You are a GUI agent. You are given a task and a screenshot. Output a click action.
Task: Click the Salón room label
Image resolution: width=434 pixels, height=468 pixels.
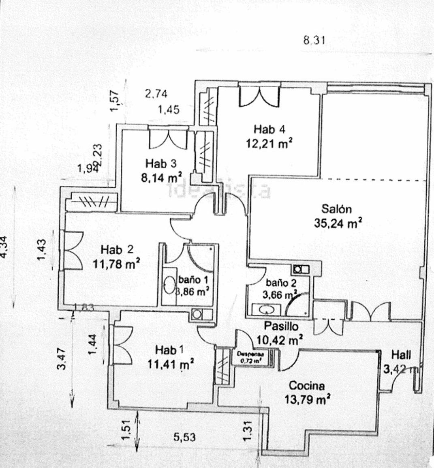coord(336,209)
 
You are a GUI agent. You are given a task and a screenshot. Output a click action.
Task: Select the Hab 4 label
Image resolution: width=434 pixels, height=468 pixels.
coord(269,129)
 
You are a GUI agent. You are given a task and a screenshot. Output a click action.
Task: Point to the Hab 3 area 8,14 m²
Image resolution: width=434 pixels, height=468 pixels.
coord(161,178)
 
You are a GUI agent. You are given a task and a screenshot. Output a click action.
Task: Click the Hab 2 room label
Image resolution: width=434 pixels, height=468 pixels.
coord(117,249)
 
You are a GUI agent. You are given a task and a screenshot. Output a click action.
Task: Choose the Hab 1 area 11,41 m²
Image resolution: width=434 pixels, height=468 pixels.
coord(170,364)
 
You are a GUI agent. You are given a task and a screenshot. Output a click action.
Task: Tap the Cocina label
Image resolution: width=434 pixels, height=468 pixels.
coord(307,385)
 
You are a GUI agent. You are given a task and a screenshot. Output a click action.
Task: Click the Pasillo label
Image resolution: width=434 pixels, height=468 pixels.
coord(281,326)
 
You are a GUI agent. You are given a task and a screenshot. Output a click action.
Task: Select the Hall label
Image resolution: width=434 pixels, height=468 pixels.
coord(401,355)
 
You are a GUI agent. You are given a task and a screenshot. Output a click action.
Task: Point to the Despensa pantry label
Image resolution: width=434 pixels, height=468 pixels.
coord(250,354)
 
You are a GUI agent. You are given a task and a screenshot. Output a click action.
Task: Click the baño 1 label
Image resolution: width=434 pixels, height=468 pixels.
coord(193,279)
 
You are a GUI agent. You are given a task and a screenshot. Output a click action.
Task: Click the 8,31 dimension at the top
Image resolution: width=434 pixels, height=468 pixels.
coord(314,40)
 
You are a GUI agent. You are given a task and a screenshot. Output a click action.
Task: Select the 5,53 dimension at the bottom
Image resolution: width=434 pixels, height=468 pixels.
coord(185,437)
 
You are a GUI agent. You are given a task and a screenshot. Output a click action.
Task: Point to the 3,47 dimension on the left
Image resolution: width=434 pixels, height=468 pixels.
coord(62,359)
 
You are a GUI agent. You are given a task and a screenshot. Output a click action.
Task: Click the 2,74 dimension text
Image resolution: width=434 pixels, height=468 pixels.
coord(156,94)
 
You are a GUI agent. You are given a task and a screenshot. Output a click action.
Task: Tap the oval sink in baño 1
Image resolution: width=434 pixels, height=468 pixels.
coord(169,286)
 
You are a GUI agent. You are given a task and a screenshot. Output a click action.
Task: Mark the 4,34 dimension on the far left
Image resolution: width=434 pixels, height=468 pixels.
coord(5,246)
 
